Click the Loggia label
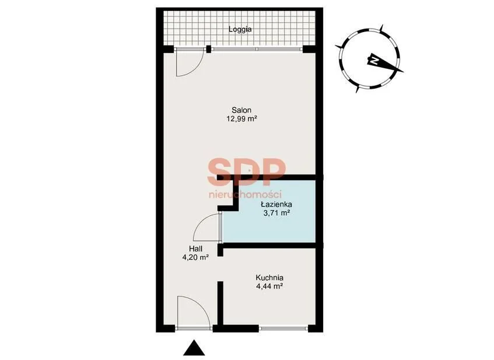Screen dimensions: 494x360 (240, 29)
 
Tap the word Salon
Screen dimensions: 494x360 (241, 110)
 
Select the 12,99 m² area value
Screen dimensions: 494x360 (241, 119)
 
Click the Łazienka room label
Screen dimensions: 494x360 (276, 204)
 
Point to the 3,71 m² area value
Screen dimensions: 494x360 (276, 213)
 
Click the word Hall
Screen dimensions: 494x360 (195, 249)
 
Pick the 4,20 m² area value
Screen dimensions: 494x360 (195, 257)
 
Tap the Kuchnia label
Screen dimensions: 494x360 (269, 278)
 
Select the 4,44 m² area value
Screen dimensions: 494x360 (269, 286)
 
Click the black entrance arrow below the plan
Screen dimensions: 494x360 (194, 348)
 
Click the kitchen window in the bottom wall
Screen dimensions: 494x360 (283, 328)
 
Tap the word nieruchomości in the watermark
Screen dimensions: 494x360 (245, 194)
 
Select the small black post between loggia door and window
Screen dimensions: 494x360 (209, 49)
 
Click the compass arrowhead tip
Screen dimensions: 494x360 (404, 72)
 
